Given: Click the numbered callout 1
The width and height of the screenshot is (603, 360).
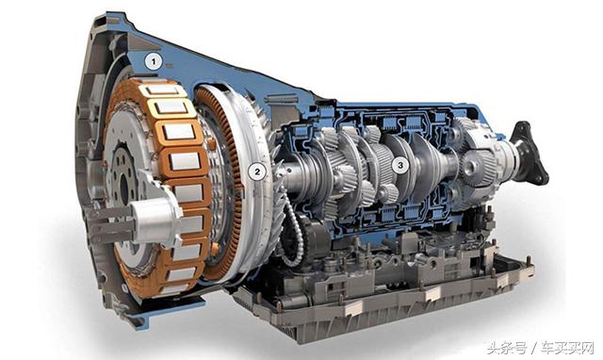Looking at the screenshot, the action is click(x=154, y=61).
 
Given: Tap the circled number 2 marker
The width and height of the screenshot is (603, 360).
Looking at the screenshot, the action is click(x=257, y=172).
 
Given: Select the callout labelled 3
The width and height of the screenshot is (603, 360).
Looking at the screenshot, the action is click(x=399, y=165).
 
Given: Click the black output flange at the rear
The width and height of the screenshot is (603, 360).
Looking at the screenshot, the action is click(x=530, y=153).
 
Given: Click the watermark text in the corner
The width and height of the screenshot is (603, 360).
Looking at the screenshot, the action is click(x=540, y=348).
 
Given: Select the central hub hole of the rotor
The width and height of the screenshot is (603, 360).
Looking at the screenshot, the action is click(x=124, y=189).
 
